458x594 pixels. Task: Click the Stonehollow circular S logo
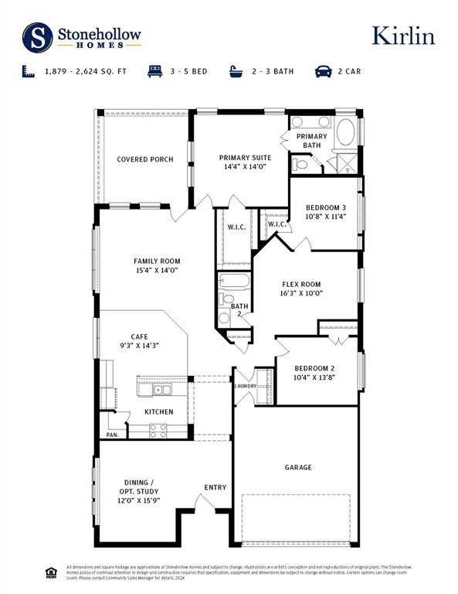point(37,36)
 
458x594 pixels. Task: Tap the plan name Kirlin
point(403,36)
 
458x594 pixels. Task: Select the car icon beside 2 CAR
point(322,71)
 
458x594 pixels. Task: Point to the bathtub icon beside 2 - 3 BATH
point(236,71)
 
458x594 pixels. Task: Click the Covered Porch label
point(144,159)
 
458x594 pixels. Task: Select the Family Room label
point(156,266)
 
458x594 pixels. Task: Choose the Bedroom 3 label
point(325,213)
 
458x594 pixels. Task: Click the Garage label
point(298,466)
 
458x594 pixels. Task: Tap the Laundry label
point(245,385)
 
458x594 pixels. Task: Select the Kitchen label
point(159,411)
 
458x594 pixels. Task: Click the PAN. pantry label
point(112,435)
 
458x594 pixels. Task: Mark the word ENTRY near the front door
point(215,487)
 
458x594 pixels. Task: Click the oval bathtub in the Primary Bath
point(344,131)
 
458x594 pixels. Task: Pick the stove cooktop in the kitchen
point(158,430)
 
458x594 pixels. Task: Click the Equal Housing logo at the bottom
point(51,573)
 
